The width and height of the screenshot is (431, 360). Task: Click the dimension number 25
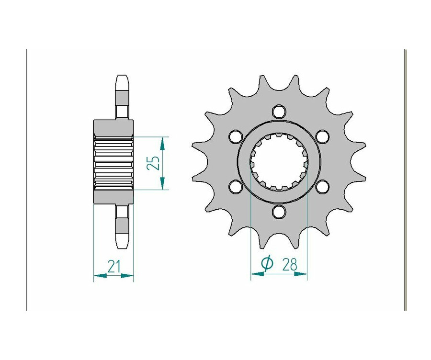153,163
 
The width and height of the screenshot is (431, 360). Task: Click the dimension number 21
114,266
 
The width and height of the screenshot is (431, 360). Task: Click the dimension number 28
289,265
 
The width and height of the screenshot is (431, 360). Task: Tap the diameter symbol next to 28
267,264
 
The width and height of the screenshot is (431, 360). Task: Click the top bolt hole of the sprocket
279,111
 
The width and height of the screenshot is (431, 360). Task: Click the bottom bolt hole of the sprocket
279,212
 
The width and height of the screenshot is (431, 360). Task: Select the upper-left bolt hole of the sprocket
235,136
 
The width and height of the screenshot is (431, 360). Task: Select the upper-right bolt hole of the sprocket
322,136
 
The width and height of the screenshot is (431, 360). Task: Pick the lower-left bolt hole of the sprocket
235,187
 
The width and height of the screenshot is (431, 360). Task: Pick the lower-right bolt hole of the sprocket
322,187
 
